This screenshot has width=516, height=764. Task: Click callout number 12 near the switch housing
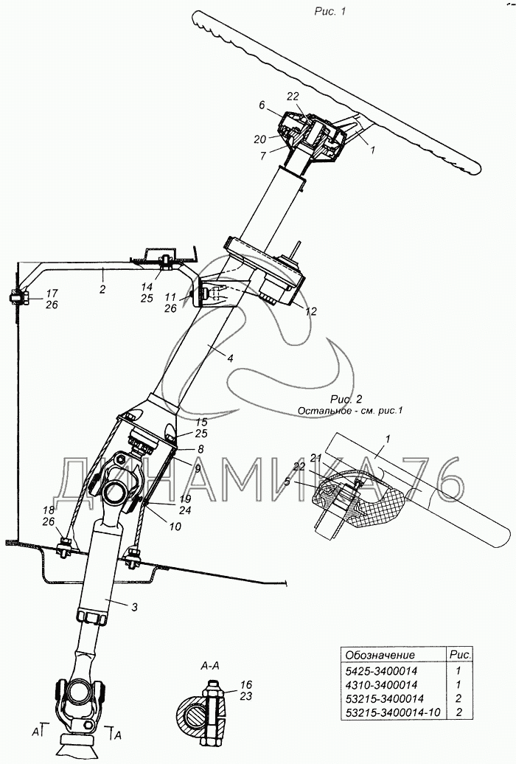[x=310, y=311]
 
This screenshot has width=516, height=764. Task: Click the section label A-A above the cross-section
[x=210, y=664]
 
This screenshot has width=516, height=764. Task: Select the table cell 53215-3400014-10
[x=391, y=713]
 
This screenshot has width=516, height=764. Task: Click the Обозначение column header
[x=380, y=654]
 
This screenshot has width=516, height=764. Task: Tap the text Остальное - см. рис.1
[x=352, y=410]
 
